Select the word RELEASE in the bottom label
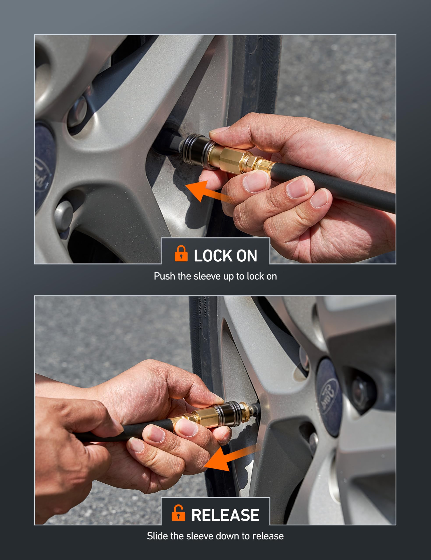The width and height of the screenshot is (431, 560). coord(225,515)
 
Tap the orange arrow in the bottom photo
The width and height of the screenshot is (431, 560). coord(230,459)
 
